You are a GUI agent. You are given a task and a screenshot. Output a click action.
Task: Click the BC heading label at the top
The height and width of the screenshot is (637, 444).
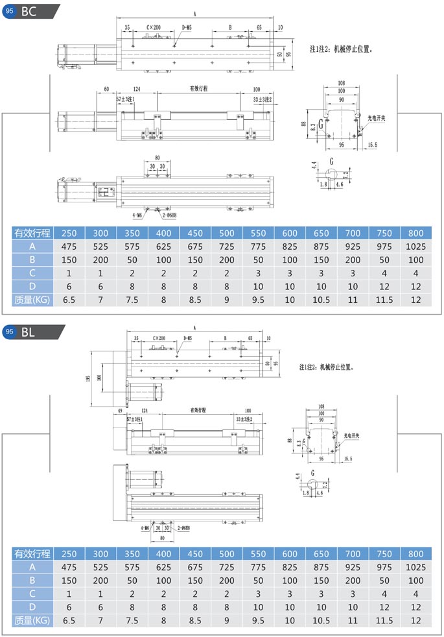tap(29, 10)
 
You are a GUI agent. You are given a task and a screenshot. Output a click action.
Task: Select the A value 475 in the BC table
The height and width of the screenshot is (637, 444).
tap(69, 246)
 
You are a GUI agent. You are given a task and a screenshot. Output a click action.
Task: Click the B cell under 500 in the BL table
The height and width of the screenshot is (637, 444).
tap(227, 580)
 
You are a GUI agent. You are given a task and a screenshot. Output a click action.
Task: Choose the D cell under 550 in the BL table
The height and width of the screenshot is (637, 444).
tap(259, 606)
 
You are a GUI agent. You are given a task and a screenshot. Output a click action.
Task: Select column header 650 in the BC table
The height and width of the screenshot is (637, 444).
tap(322, 234)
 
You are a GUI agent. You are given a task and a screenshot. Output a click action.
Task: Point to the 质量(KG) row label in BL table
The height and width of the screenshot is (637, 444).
tap(32, 619)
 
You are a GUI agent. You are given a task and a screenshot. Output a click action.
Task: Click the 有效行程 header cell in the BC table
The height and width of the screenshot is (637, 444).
tap(32, 234)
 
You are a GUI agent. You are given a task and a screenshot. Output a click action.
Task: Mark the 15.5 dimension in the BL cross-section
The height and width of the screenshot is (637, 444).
tap(348, 459)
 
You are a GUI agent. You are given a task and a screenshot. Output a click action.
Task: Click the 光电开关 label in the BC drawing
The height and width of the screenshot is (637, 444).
tap(377, 119)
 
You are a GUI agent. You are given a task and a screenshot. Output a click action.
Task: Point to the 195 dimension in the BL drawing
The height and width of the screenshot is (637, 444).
tap(88, 378)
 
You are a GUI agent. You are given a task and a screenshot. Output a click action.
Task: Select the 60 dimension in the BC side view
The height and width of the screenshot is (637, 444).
tap(106, 88)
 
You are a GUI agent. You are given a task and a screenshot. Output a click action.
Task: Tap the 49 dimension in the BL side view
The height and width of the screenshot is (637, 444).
tap(120, 411)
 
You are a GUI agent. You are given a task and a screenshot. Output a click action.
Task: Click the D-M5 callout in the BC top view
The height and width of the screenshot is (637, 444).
tap(187, 27)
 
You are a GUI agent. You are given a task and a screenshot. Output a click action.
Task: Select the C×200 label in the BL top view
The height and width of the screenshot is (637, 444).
tap(158, 338)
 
